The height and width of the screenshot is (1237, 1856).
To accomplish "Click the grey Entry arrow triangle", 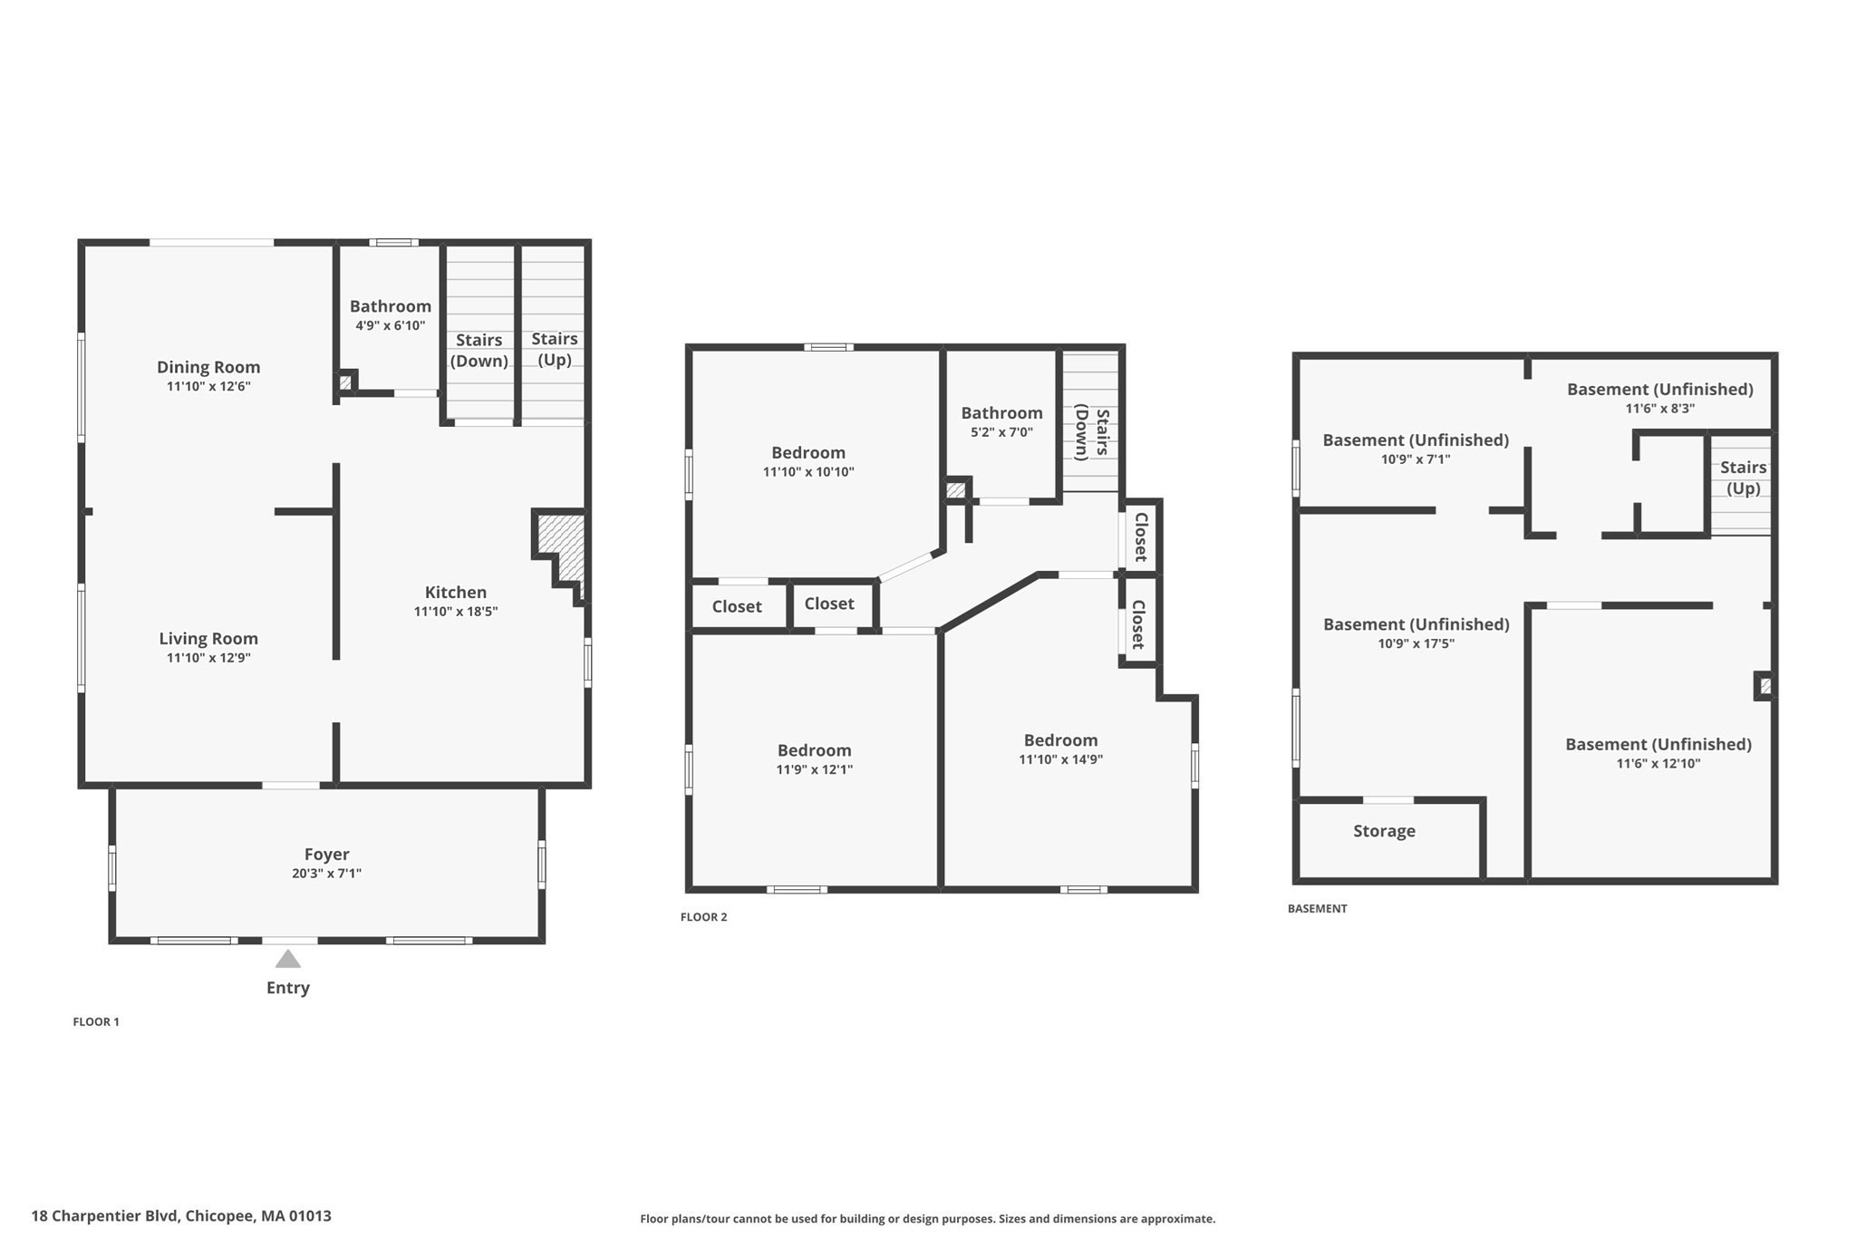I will [x=287, y=959].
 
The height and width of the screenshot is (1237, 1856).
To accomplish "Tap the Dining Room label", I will [x=208, y=367].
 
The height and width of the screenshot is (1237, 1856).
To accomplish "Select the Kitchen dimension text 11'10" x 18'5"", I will [x=456, y=612].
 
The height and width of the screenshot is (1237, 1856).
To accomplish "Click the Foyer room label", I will [x=326, y=854].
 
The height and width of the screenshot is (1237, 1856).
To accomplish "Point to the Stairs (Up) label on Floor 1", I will [x=554, y=349].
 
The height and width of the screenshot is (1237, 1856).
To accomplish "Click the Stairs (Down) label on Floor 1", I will [x=478, y=350].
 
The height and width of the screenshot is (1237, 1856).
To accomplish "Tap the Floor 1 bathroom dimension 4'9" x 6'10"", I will [x=391, y=325].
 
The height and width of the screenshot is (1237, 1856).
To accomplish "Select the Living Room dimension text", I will [x=208, y=658].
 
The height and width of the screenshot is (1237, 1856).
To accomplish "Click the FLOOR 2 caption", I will [x=704, y=917].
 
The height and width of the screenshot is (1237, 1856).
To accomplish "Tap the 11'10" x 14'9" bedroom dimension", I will [x=1060, y=759].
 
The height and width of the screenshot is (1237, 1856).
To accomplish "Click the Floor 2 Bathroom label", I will [x=1001, y=413].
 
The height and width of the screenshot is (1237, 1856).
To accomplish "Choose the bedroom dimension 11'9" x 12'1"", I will [x=814, y=769].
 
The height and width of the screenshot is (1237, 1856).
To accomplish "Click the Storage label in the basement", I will [x=1384, y=831].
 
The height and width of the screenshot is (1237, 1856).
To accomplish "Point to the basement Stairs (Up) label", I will [x=1743, y=478].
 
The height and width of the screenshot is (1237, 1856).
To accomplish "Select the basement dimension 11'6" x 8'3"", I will [x=1659, y=409].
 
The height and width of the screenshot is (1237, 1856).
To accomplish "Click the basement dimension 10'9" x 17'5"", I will [x=1416, y=644].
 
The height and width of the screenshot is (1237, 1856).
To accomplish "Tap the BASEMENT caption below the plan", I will [x=1317, y=909].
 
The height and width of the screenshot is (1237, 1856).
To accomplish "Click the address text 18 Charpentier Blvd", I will [x=181, y=1216].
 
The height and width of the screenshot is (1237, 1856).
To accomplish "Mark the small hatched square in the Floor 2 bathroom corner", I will [x=955, y=490].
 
